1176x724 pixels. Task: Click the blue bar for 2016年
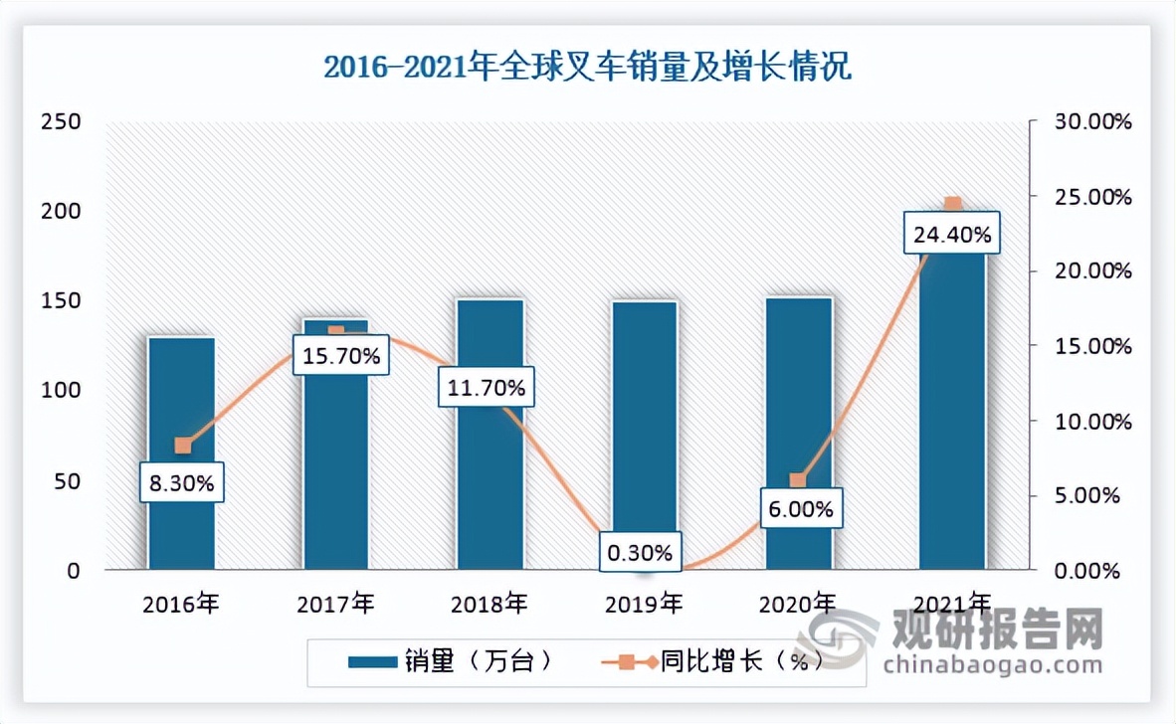[181, 398]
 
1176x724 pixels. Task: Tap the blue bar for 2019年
[644, 418]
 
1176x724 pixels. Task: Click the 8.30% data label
[182, 484]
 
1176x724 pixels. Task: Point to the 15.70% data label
[336, 356]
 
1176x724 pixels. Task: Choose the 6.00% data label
[799, 510]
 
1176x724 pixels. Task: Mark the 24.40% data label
[952, 236]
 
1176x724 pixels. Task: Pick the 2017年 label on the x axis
[335, 603]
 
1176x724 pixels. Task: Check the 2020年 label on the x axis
[798, 603]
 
